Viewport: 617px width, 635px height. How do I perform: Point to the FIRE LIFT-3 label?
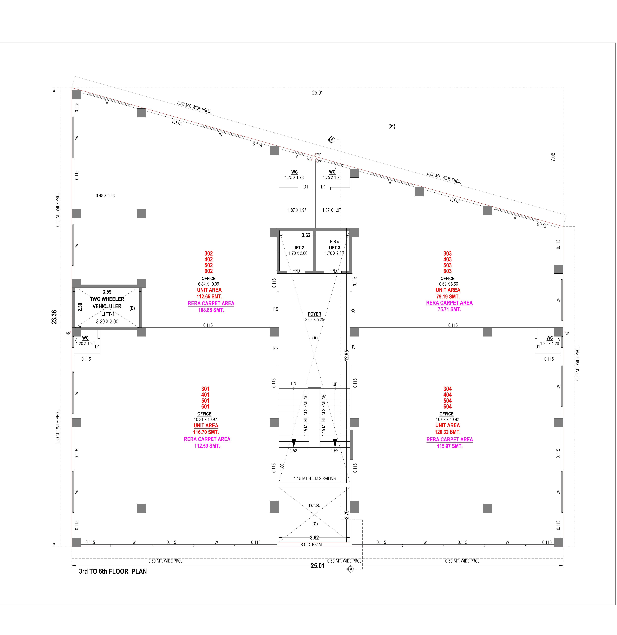[334, 244]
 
